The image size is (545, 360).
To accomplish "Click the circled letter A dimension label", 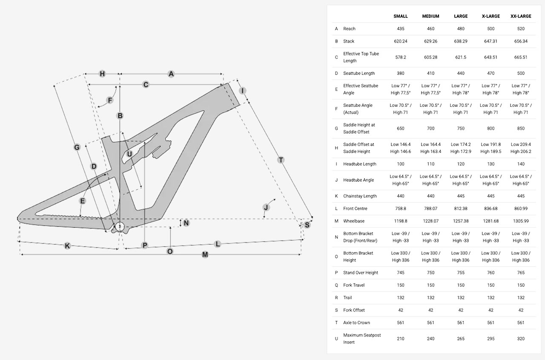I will click(x=171, y=74).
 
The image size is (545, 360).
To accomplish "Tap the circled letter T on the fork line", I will click(x=281, y=160).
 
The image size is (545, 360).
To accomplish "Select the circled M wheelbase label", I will click(x=205, y=254).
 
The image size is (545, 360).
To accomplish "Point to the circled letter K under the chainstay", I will click(x=67, y=246).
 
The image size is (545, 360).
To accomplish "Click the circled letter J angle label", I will click(x=266, y=208).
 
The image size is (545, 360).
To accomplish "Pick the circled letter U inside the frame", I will click(x=129, y=154).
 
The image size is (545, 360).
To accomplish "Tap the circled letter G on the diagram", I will click(x=77, y=148).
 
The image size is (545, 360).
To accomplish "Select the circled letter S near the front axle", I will click(x=307, y=225).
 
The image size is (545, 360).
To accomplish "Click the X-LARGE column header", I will click(x=491, y=16).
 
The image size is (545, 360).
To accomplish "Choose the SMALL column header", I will click(x=400, y=16).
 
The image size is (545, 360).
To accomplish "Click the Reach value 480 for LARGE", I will click(x=461, y=29).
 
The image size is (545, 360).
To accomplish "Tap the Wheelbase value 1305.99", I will click(x=521, y=221).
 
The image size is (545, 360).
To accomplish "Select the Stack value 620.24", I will click(x=400, y=41).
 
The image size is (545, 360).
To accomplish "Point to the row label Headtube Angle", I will click(x=359, y=180).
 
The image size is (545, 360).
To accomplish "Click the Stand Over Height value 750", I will click(x=430, y=273).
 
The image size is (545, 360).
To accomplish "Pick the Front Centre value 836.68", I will click(x=491, y=209).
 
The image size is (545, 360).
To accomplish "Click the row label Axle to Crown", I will click(x=356, y=323).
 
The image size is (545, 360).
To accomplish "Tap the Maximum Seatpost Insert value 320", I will click(x=521, y=339).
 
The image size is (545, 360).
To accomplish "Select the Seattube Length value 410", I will click(x=430, y=73).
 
